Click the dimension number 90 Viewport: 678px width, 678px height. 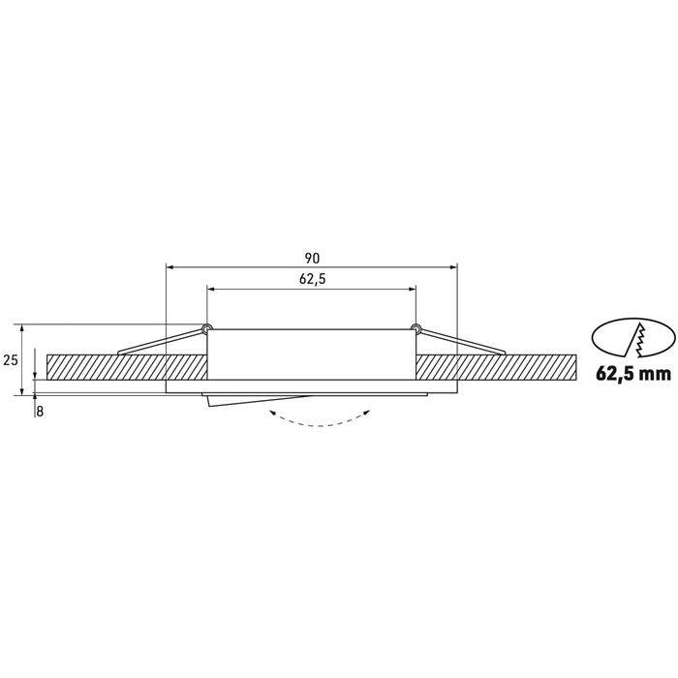[x=310, y=258]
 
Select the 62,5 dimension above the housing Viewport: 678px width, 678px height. [x=310, y=280]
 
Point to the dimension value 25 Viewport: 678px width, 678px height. [x=12, y=359]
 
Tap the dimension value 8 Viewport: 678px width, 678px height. [x=39, y=410]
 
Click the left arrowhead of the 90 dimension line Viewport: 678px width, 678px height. [x=170, y=265]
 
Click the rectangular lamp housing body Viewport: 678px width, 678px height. [x=310, y=355]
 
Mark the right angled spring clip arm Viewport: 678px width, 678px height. [x=460, y=341]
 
